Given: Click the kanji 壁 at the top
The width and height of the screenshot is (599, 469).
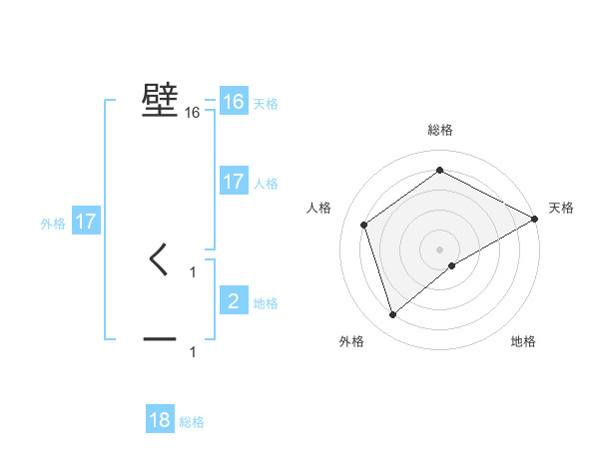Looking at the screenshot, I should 160,100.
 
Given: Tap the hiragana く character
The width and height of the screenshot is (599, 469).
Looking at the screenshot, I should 160,260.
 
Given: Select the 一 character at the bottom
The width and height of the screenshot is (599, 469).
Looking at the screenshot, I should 160,339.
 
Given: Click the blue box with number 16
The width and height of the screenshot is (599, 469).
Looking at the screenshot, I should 234,102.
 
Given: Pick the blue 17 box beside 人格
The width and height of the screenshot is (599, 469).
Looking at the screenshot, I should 234,182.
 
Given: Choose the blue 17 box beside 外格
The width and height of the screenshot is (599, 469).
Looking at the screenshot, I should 86,222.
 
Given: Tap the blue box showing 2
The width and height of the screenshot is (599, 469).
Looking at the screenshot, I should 234,300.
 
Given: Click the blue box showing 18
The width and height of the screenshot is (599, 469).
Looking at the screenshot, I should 160,420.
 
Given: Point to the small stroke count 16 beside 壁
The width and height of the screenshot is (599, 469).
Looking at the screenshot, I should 193,113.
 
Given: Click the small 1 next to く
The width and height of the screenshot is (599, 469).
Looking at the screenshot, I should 193,271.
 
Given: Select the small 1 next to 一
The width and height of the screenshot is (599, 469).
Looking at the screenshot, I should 193,351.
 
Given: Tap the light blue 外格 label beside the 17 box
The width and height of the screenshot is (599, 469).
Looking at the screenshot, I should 53,224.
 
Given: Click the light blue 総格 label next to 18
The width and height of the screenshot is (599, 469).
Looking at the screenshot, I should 192,423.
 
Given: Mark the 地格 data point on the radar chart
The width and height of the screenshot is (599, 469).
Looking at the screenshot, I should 452,265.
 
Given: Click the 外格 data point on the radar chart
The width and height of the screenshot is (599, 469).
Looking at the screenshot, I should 392,315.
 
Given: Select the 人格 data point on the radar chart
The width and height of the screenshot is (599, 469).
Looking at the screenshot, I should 364,225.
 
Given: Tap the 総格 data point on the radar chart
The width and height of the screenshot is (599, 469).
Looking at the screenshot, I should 439,171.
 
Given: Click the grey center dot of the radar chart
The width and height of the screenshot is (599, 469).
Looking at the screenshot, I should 439,248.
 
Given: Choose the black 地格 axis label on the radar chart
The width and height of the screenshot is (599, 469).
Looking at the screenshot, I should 523,342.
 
